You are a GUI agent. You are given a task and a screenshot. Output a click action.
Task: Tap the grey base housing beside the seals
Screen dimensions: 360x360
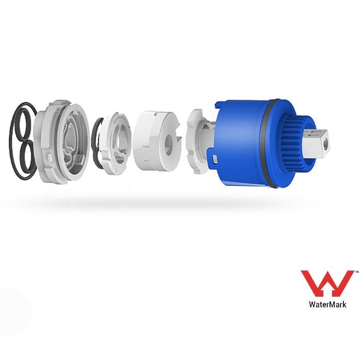[x=61, y=142]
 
